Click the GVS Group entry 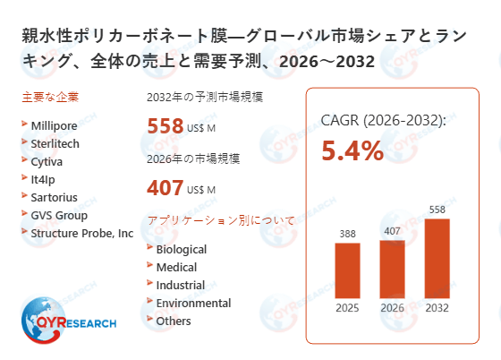pyautogui.click(x=59, y=215)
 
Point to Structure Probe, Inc pyautogui.click(x=81, y=233)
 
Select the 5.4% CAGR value pyautogui.click(x=352, y=150)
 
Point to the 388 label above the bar pyautogui.click(x=347, y=234)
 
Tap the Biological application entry pyautogui.click(x=181, y=249)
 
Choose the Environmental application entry pyautogui.click(x=193, y=303)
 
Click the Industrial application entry pyautogui.click(x=180, y=285)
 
